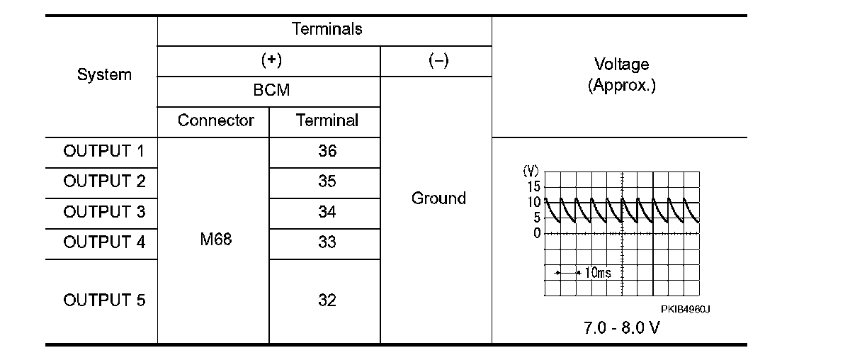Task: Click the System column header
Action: click(x=104, y=74)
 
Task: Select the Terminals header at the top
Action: click(x=327, y=29)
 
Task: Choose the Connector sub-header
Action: click(x=215, y=120)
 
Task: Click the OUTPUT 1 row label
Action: click(x=104, y=151)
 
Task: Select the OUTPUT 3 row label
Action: click(x=104, y=212)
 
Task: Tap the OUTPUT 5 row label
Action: click(x=104, y=300)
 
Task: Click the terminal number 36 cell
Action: click(x=327, y=151)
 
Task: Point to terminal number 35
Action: click(x=327, y=181)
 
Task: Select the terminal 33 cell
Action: click(x=327, y=242)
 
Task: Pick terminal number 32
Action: click(x=327, y=300)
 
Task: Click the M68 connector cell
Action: click(x=215, y=240)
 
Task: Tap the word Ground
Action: click(x=438, y=198)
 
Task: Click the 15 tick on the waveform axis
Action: click(x=533, y=186)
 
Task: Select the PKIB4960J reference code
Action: click(x=685, y=310)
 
